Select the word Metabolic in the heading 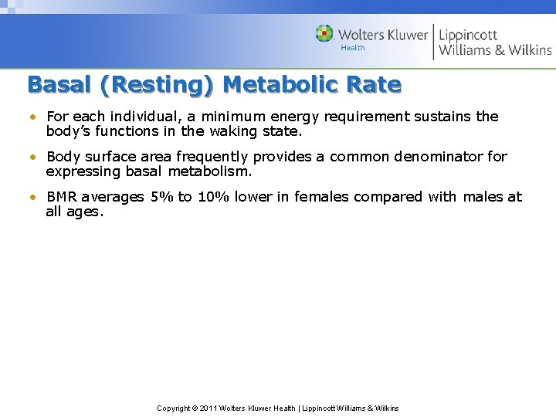click(281, 84)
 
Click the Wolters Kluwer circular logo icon click(324, 34)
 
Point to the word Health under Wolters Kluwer click(353, 48)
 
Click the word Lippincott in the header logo click(468, 35)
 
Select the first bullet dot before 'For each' click(34, 117)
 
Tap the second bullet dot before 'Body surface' click(34, 158)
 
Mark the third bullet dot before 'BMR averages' click(34, 198)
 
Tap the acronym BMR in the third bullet click(63, 197)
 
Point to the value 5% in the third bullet click(162, 197)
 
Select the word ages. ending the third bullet click(83, 211)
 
